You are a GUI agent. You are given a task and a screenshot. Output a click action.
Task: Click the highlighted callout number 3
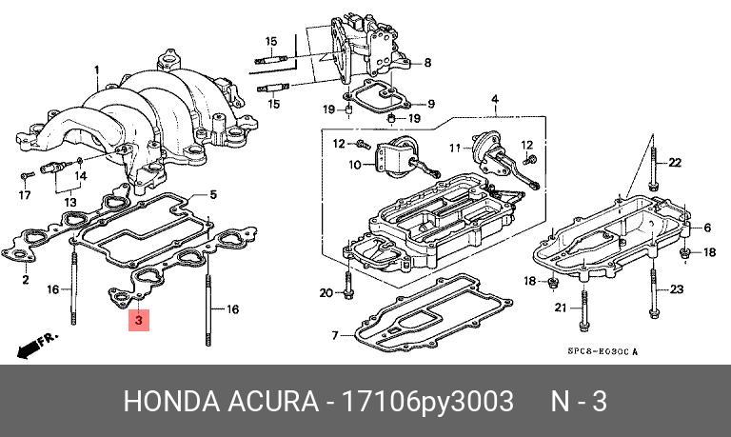139,321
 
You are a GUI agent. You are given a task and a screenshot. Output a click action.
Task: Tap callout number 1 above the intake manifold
96,70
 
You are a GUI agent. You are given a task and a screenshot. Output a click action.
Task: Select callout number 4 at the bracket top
495,99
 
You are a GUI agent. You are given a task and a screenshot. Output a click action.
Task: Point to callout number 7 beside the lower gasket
335,335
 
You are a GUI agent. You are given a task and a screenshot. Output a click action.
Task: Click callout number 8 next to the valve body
427,63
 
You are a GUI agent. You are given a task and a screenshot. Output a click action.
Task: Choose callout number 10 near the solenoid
355,165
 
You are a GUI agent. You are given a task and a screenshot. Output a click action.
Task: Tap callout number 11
454,148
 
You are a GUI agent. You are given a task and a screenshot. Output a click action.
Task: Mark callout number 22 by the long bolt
675,163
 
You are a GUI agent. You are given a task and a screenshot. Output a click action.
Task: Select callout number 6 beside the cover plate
707,228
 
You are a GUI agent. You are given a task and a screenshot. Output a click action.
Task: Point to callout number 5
213,194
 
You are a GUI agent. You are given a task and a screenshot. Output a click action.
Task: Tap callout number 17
24,195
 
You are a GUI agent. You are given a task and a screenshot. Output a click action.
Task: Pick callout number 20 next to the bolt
326,292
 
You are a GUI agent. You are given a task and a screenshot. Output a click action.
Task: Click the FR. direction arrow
38,344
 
